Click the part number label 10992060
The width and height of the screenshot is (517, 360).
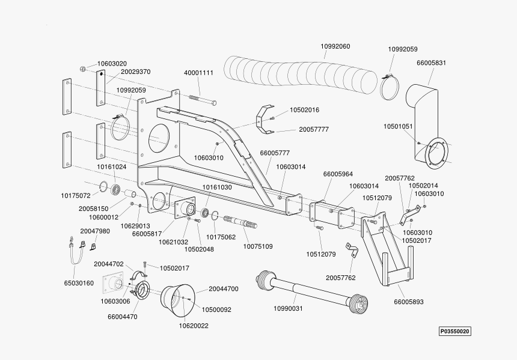pyautogui.click(x=335, y=46)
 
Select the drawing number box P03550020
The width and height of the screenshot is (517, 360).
pyautogui.click(x=454, y=331)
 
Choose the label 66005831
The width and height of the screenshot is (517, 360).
pyautogui.click(x=432, y=63)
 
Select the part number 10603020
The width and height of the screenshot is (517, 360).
pyautogui.click(x=112, y=63)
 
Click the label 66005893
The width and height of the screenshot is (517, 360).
pyautogui.click(x=409, y=302)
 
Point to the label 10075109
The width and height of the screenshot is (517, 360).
pyautogui.click(x=258, y=246)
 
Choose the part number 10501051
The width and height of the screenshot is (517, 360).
pyautogui.click(x=398, y=126)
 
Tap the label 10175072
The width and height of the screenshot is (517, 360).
pyautogui.click(x=75, y=195)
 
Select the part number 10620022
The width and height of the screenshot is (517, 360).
pyautogui.click(x=194, y=326)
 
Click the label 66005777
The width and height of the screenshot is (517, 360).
pyautogui.click(x=275, y=153)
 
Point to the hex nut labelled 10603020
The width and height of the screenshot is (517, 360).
pyautogui.click(x=82, y=69)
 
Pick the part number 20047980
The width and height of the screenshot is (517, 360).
pyautogui.click(x=95, y=231)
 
